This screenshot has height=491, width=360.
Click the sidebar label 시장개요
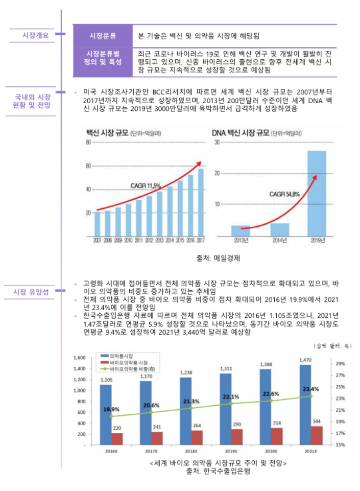35,35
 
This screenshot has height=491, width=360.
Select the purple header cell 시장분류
103,36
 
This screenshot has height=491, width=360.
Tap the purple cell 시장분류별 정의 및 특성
103,58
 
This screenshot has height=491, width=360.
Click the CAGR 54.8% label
284,194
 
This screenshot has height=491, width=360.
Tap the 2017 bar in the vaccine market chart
201,202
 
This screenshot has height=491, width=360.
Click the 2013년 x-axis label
241,240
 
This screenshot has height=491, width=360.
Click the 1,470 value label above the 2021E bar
305,360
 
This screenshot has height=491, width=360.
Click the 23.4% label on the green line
310,389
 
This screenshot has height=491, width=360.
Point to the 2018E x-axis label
190,452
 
